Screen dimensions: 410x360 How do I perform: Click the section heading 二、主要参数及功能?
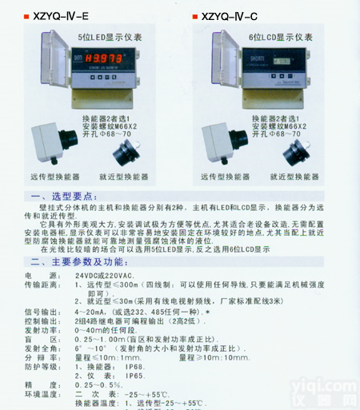[x=77, y=261]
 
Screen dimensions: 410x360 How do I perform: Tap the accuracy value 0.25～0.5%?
[x=94, y=384]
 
